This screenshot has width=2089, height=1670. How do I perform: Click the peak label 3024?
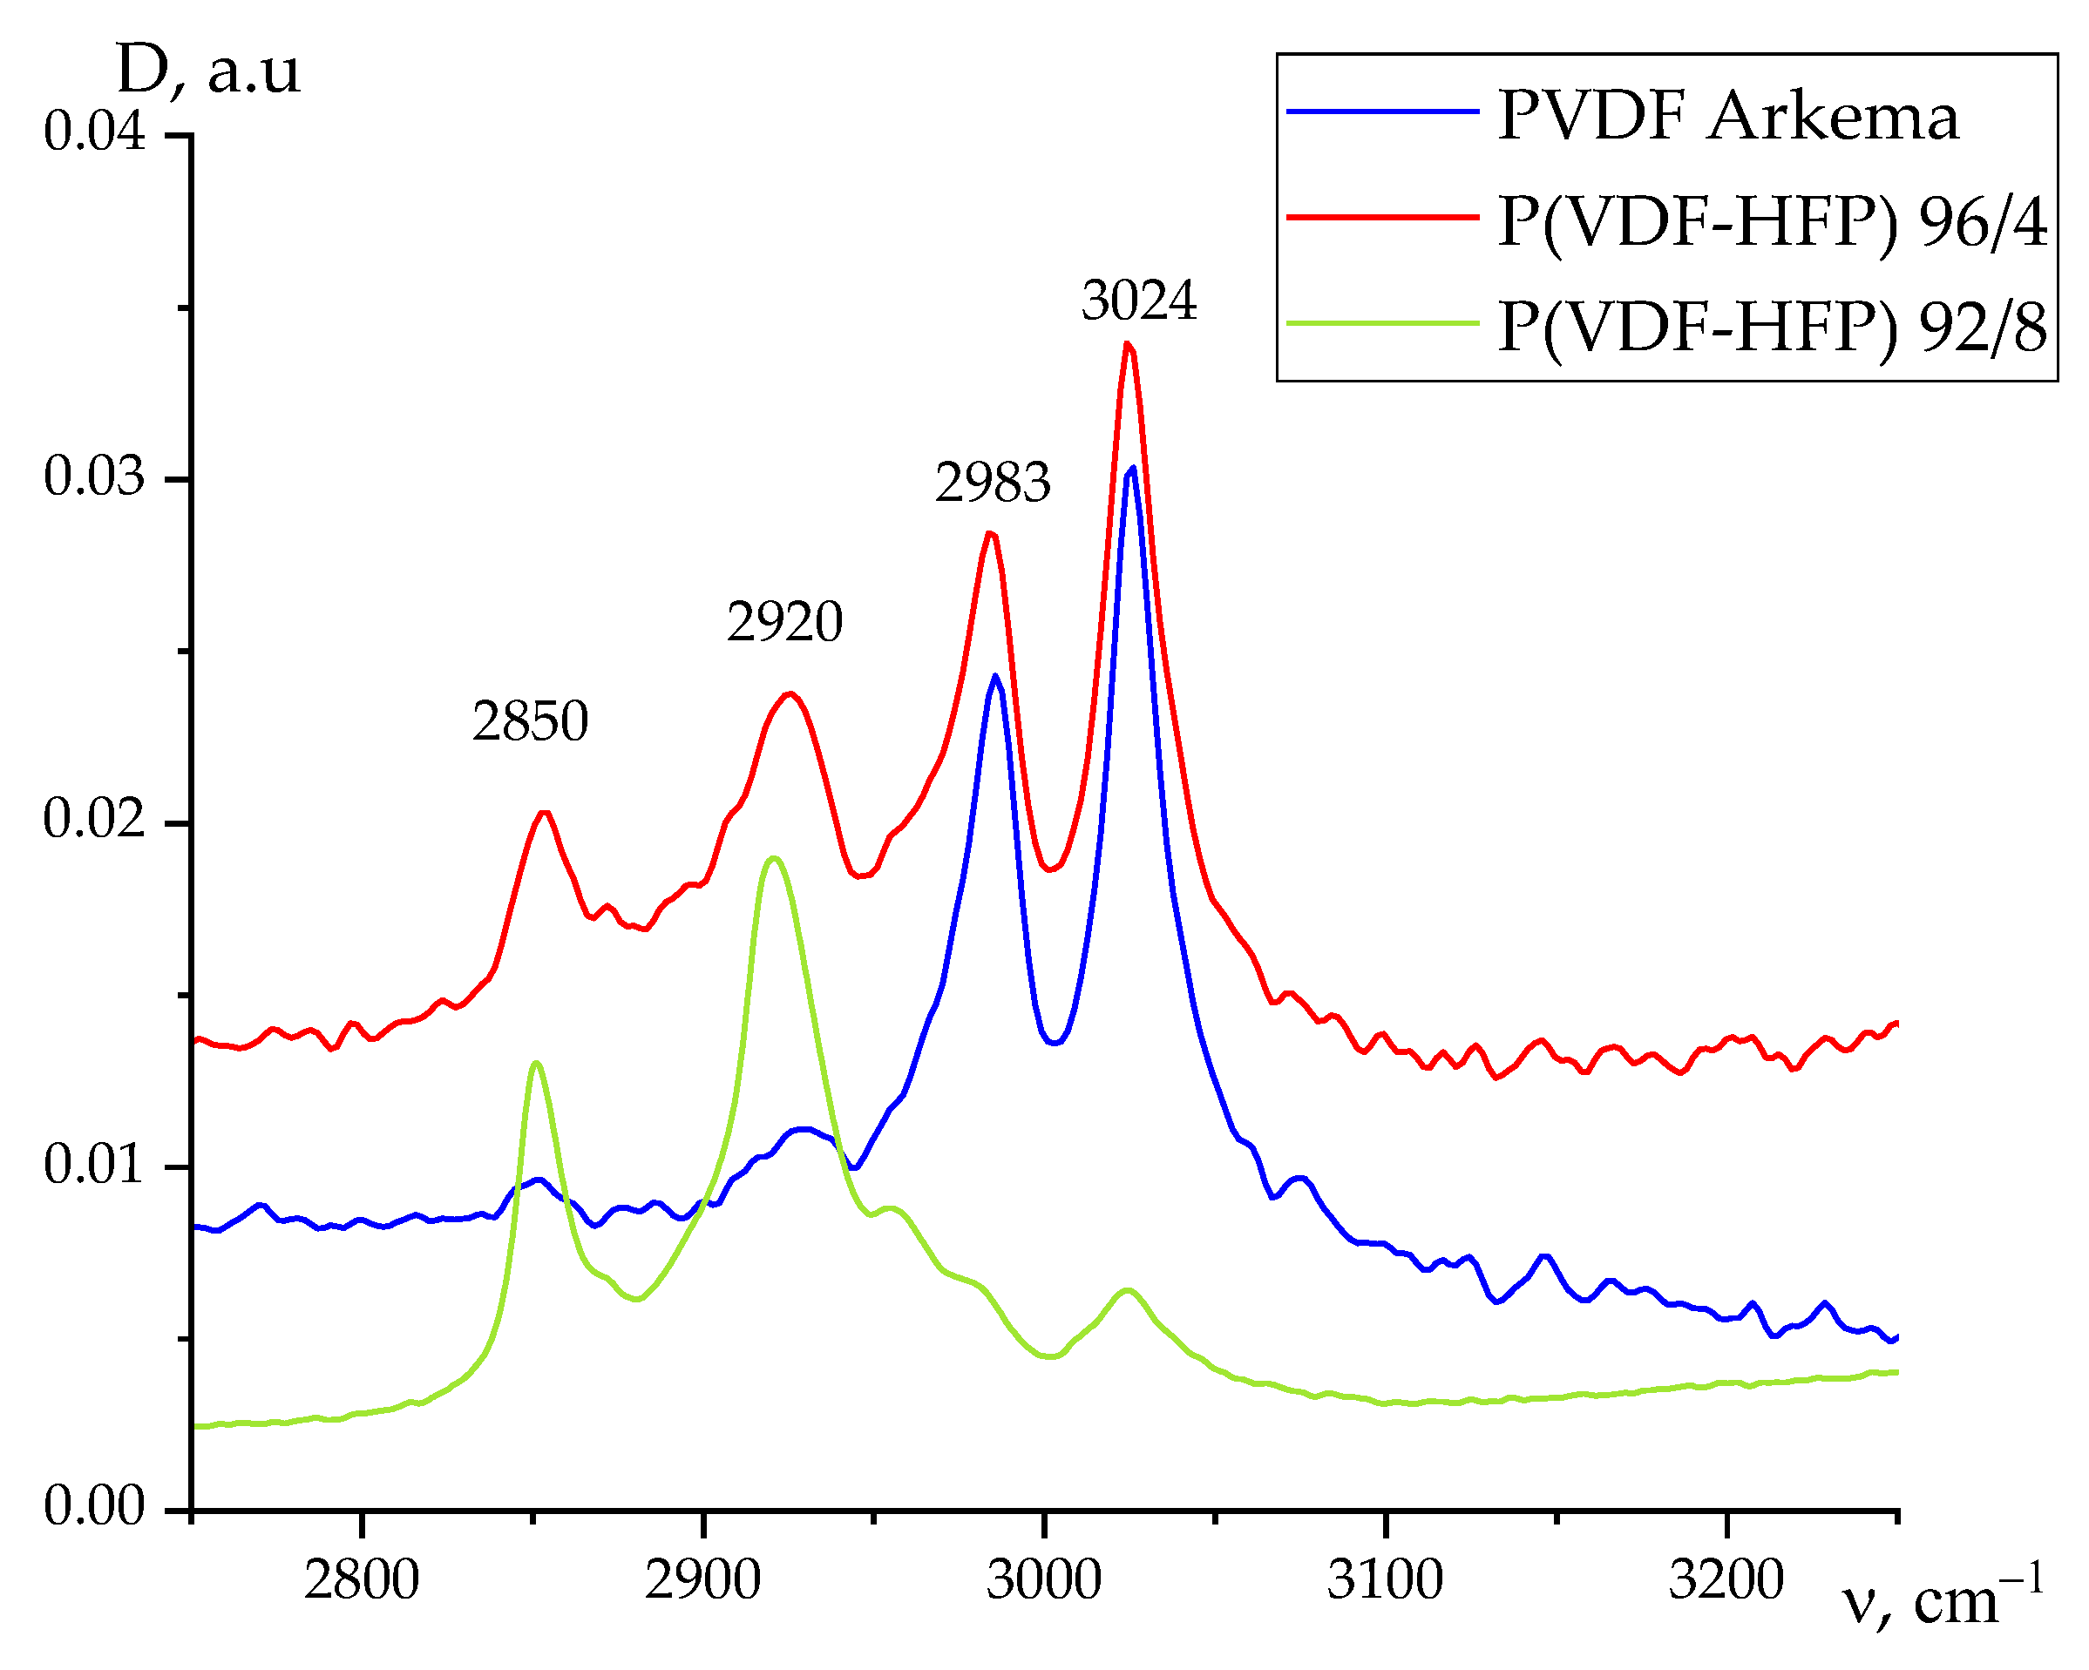point(1138,301)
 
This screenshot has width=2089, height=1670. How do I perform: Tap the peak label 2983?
point(992,483)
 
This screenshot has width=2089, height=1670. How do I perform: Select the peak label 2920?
point(785,622)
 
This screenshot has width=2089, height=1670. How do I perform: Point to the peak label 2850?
point(530,721)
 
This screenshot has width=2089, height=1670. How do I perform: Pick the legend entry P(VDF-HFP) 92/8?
point(1771,328)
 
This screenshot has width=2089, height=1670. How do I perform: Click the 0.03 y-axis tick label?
point(94,477)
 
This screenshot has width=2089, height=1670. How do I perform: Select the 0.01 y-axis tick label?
point(94,1165)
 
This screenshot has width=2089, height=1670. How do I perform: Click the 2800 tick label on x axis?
point(362,1581)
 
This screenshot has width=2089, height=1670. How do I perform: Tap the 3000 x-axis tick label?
point(1043,1581)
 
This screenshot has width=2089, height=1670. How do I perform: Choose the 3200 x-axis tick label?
point(1726,1581)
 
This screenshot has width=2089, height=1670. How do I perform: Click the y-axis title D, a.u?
point(208,71)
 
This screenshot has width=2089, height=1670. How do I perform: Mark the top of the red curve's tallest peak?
point(1127,343)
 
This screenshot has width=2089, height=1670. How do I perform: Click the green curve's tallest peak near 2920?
point(772,858)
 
